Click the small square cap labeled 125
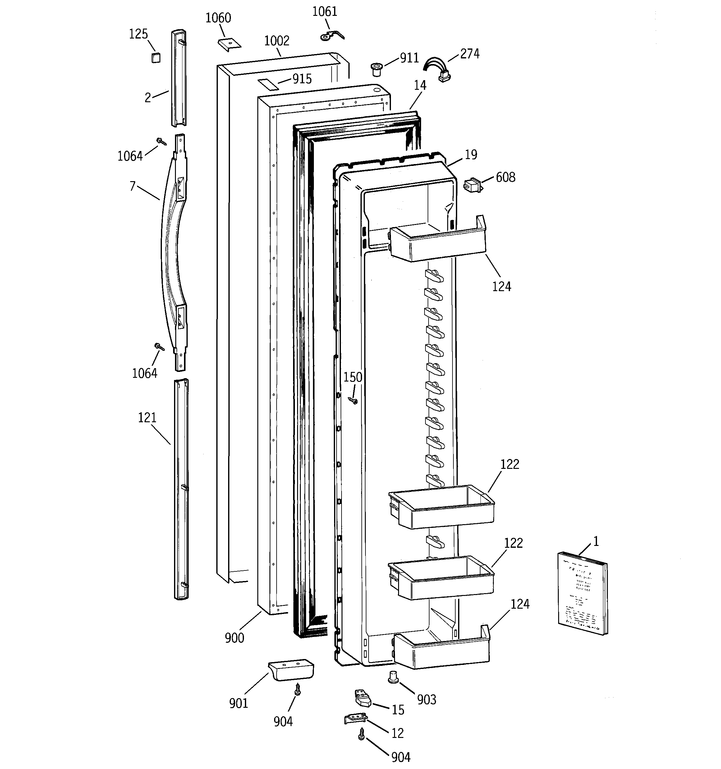(x=156, y=58)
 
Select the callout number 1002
(x=277, y=41)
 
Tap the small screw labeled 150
(x=353, y=401)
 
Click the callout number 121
(x=147, y=418)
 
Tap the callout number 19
(x=471, y=155)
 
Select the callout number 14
(x=420, y=85)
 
